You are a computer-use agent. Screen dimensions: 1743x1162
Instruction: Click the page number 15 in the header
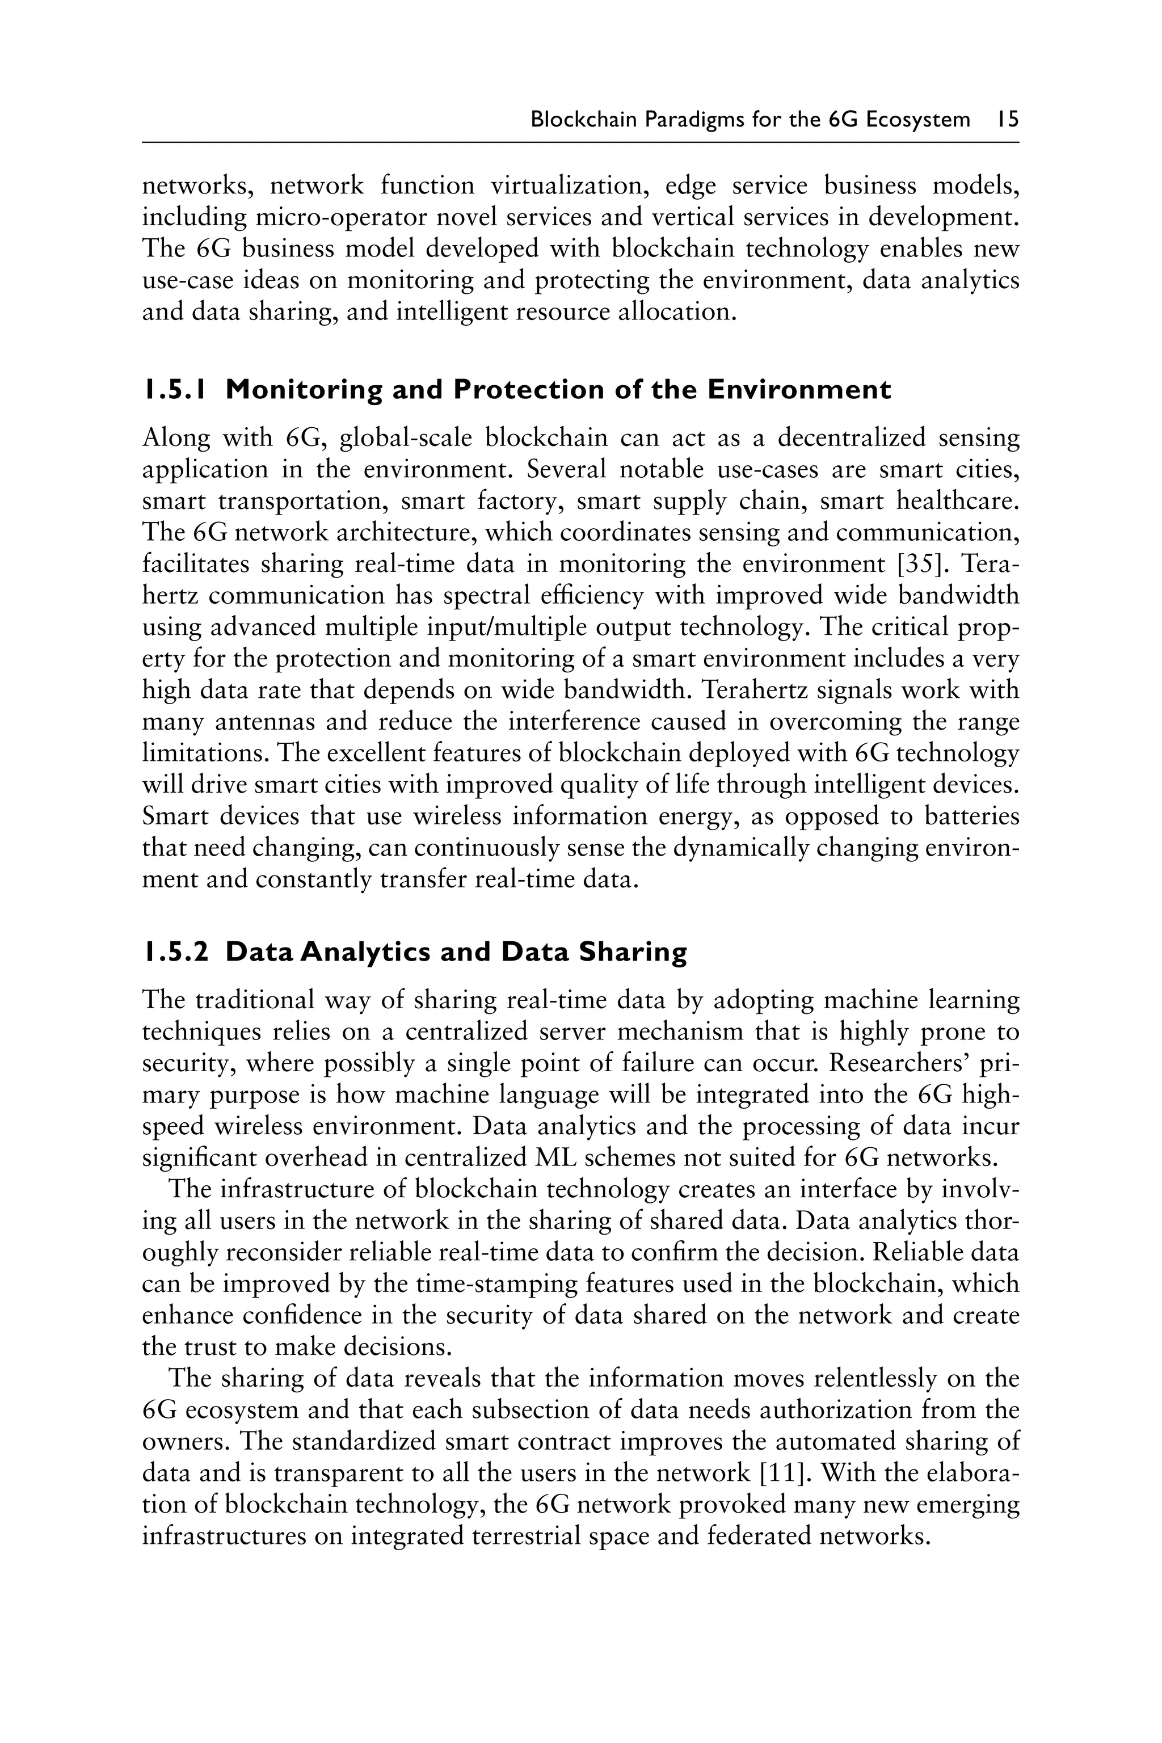pyautogui.click(x=1008, y=119)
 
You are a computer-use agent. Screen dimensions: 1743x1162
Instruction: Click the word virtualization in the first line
pyautogui.click(x=571, y=186)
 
